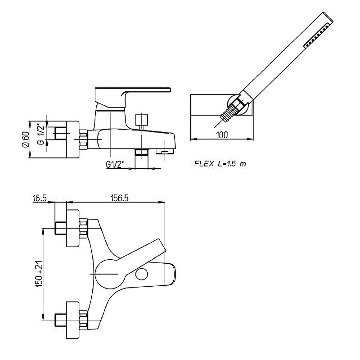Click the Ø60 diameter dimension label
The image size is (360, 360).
25,139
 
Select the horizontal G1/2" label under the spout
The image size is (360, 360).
115,165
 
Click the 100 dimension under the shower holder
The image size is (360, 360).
222,135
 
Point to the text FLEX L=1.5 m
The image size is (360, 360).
220,164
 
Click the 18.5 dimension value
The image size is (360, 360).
40,198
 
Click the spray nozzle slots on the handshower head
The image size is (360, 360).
315,36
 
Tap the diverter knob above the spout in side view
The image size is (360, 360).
142,120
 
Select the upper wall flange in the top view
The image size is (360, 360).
72,227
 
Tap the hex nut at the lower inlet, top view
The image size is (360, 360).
83,317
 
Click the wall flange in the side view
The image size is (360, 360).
72,139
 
